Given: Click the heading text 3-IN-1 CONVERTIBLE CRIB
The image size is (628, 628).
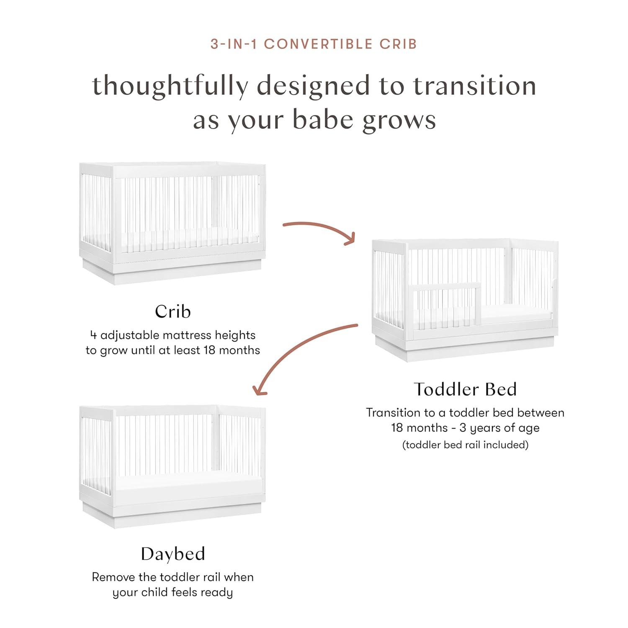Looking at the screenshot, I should click(314, 44).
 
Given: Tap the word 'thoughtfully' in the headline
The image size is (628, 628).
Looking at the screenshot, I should click(170, 86).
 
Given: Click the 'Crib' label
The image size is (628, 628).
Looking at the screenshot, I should click(172, 311).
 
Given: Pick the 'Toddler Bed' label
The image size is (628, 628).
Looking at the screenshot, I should click(465, 389).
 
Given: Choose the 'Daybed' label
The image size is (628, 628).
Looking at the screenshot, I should click(172, 554).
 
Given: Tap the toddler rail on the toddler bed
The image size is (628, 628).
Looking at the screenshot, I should click(447, 287).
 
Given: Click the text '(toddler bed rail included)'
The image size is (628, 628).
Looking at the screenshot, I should click(465, 445).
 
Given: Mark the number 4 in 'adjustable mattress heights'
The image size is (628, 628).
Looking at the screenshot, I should click(93, 335).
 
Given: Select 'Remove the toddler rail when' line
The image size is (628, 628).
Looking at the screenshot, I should click(172, 577).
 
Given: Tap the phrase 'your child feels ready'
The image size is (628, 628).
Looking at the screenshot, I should click(172, 592).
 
